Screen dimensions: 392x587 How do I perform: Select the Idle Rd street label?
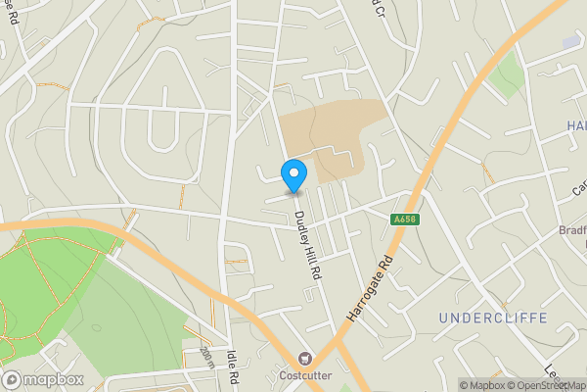[x=234, y=367]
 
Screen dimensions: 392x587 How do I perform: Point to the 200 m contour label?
[x=205, y=357]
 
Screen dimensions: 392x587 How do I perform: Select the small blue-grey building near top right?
[x=570, y=43]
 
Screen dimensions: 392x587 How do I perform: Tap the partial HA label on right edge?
[x=575, y=126]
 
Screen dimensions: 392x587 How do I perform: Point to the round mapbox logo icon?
[x=12, y=379]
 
